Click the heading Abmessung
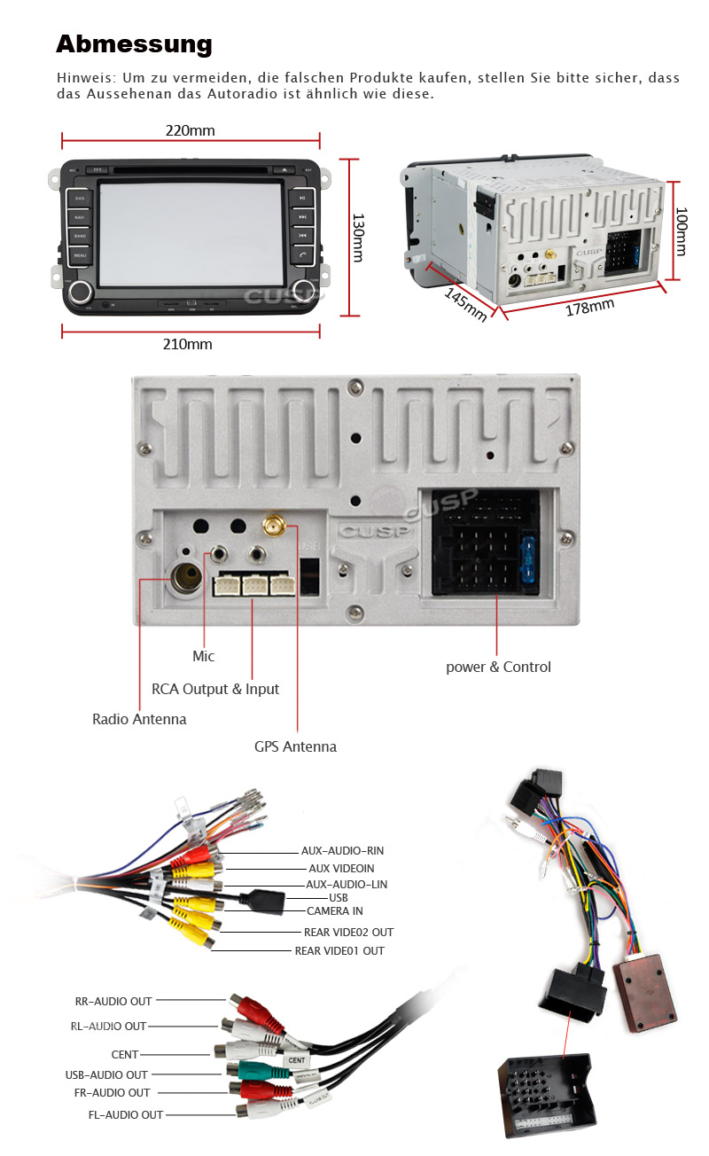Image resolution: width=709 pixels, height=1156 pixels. (x=134, y=44)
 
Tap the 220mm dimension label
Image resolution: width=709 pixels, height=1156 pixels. (x=190, y=131)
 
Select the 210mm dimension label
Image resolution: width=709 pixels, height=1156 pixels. (x=188, y=344)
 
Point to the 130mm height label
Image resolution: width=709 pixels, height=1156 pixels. (x=357, y=237)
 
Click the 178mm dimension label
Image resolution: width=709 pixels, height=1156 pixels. (x=589, y=307)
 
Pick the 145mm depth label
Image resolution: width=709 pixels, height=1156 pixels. (x=465, y=304)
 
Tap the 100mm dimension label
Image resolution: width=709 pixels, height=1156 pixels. (x=681, y=231)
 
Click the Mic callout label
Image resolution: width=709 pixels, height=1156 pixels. (x=203, y=657)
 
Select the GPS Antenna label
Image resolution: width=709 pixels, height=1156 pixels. (x=295, y=746)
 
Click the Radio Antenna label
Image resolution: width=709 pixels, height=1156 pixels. (x=139, y=719)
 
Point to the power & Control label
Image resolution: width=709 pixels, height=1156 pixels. (x=498, y=667)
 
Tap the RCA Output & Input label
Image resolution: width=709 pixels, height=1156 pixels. (x=215, y=689)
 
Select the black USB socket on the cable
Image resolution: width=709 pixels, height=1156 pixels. (x=267, y=901)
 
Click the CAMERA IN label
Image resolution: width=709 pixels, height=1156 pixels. (x=334, y=911)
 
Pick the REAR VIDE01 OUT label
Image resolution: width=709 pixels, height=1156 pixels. (x=339, y=951)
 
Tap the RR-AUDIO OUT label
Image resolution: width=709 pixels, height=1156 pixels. (x=113, y=1001)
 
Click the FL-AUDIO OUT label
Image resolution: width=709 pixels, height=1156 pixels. (x=125, y=1114)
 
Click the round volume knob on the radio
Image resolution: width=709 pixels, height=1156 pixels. (x=82, y=292)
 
